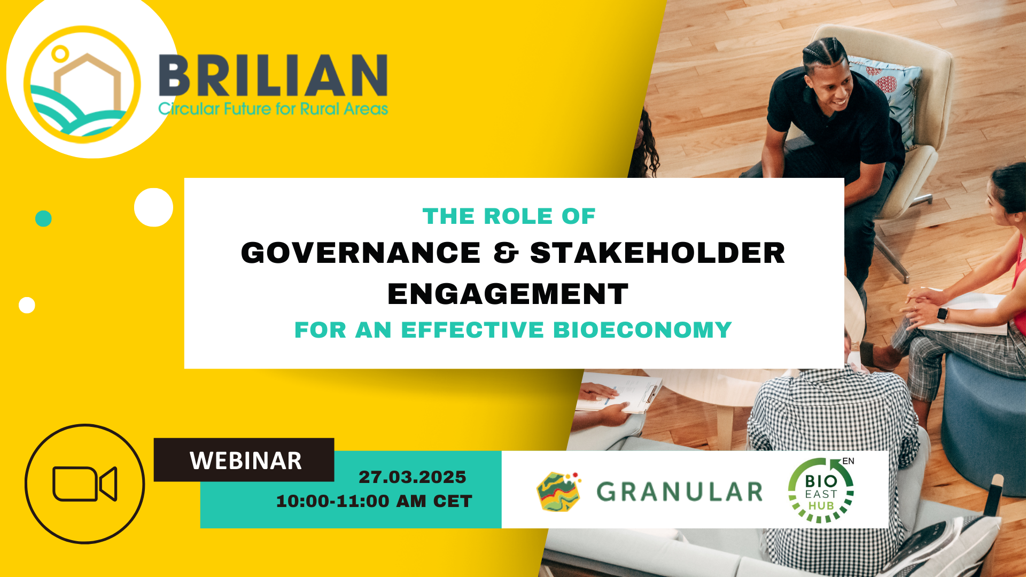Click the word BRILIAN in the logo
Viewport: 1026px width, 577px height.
[x=273, y=75]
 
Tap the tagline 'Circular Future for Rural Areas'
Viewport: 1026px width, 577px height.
[x=273, y=109]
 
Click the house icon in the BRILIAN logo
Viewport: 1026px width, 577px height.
[x=88, y=85]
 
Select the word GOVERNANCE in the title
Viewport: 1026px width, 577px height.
[x=361, y=253]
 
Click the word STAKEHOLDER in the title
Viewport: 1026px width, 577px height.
[x=657, y=253]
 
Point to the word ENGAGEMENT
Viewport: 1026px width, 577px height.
[x=508, y=294]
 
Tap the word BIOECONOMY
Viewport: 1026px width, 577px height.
[x=642, y=330]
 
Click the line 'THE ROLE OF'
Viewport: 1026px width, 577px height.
[x=509, y=216]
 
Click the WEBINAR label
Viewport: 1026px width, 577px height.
[x=245, y=461]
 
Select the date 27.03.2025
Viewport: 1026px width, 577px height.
[x=412, y=477]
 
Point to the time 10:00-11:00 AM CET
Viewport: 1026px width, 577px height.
[x=374, y=501]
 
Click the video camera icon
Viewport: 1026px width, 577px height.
[x=84, y=484]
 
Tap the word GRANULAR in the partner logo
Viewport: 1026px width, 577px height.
[x=680, y=492]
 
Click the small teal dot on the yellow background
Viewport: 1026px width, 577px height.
[x=43, y=219]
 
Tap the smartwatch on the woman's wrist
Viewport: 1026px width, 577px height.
[x=943, y=314]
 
